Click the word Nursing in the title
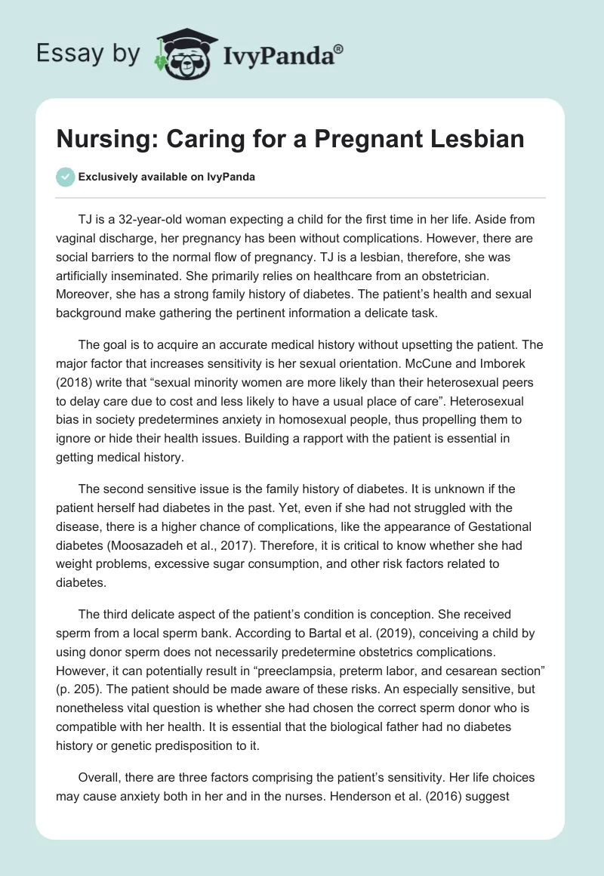pos(100,140)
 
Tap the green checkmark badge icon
pos(65,177)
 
